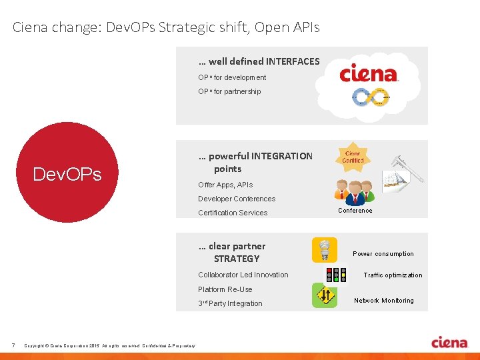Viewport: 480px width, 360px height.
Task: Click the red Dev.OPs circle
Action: click(67, 172)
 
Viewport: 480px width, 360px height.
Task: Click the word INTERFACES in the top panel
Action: click(293, 61)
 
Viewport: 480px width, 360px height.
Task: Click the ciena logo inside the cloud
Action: click(369, 74)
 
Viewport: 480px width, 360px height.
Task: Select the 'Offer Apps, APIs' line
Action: click(225, 185)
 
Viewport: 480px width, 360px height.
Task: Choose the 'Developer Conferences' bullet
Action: click(236, 199)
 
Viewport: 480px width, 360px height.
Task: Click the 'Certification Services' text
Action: click(232, 213)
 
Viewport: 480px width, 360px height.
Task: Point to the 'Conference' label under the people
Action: click(355, 211)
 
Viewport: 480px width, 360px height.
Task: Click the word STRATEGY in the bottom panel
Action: click(237, 259)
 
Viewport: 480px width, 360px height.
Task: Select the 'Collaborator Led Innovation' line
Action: click(243, 275)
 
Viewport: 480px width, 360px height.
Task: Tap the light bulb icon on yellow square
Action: click(325, 250)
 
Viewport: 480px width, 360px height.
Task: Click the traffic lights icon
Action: click(335, 275)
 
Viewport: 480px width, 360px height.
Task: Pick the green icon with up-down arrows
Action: click(325, 295)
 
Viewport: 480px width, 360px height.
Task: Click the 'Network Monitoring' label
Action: click(383, 301)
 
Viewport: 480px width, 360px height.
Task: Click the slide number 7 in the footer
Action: click(13, 345)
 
